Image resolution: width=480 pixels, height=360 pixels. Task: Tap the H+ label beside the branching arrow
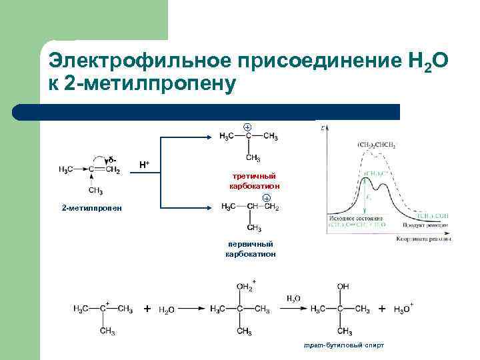coord(144,163)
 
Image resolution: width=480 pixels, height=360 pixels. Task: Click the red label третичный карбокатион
coord(249,180)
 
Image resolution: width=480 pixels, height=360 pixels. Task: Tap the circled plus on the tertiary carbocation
coord(247,127)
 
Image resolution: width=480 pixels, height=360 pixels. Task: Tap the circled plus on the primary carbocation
coord(266,198)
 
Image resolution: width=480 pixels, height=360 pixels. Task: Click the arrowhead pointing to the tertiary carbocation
coord(212,137)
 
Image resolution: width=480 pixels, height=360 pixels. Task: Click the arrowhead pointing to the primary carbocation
coord(212,208)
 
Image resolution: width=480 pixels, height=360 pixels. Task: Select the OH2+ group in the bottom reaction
coord(245,287)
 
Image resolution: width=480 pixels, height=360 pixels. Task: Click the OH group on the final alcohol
coord(343,287)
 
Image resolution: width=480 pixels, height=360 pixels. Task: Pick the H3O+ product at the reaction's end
coord(403,309)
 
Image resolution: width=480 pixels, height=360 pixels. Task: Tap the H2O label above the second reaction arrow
coord(293,299)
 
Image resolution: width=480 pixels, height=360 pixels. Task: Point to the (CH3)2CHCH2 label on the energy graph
coord(376,144)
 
